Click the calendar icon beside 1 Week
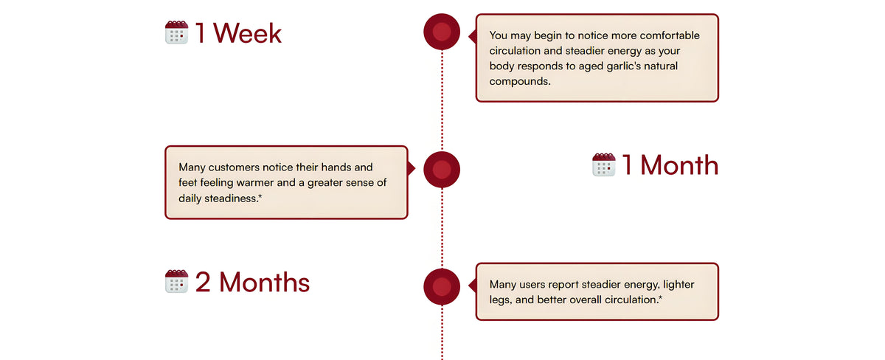coord(176,32)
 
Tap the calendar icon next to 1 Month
coord(604,165)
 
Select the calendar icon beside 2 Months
coord(176,281)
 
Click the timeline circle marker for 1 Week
coord(442,32)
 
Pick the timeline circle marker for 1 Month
coord(442,169)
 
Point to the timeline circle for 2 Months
coord(442,286)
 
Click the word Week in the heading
coord(247,32)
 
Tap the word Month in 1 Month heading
coord(679,165)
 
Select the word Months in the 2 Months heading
coord(264,282)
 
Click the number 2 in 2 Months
coord(203,283)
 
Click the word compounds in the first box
coord(520,81)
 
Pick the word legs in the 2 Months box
coord(499,300)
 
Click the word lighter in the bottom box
coord(678,285)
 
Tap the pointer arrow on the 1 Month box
coord(412,168)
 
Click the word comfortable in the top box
coord(670,35)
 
